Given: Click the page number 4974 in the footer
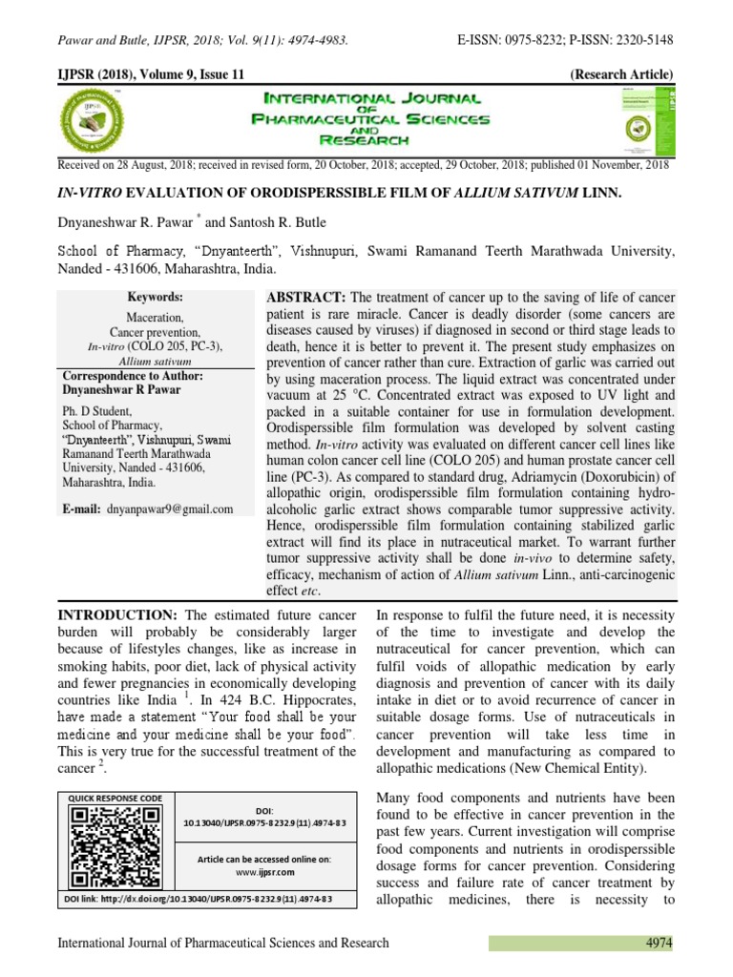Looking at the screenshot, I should (x=658, y=943).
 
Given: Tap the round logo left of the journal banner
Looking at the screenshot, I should (x=98, y=121).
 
